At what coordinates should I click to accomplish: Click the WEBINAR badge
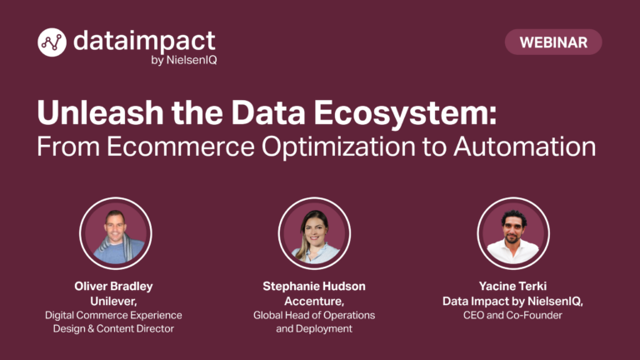coord(553,42)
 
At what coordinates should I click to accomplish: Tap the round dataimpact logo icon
coord(52,42)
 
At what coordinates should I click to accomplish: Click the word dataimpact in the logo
coord(144,41)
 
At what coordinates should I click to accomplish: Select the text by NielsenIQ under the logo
coord(184,60)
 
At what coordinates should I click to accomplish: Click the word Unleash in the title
coord(100,112)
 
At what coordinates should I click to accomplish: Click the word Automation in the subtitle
coord(524,147)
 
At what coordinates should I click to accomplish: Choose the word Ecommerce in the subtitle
coord(181,147)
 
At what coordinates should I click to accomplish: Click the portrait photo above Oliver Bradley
coord(116,233)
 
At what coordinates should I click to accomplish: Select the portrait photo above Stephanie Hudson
coord(314,233)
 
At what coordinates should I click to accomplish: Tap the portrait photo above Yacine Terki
coord(513,233)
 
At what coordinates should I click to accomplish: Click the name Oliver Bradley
coord(113,286)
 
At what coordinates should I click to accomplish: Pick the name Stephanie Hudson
coord(314,286)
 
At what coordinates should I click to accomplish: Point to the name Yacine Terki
coord(512,286)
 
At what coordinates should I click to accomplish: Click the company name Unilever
coord(113,301)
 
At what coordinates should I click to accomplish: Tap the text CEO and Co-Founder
coord(512,315)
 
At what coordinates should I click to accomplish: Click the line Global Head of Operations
coord(314,315)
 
